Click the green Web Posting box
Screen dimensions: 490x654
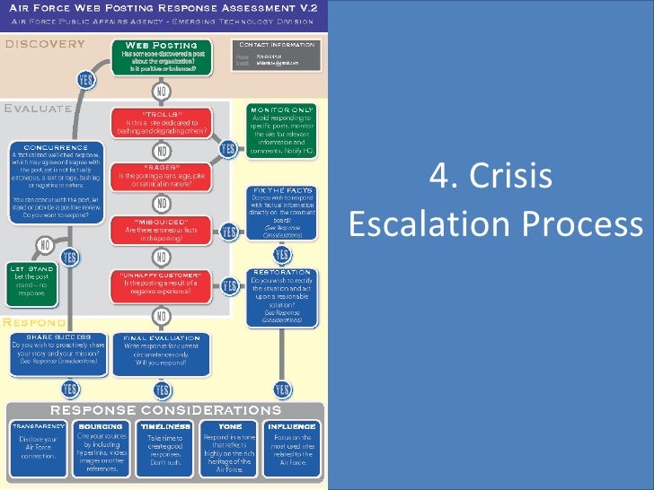[x=162, y=57]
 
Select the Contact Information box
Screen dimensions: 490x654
[x=277, y=56]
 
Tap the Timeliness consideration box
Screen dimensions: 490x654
[x=161, y=447]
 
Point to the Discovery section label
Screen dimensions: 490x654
[x=45, y=43]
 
